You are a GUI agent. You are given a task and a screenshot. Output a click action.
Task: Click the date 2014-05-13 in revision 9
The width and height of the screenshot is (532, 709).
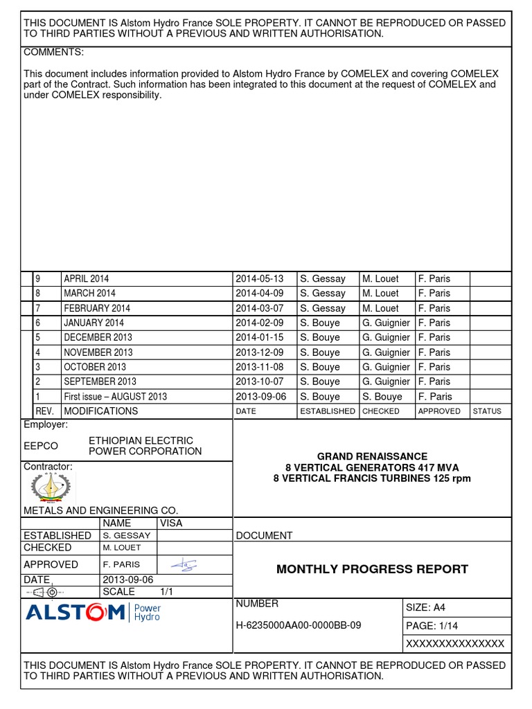click(260, 278)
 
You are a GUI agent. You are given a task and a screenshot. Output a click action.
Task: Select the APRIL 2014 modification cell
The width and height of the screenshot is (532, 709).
click(87, 278)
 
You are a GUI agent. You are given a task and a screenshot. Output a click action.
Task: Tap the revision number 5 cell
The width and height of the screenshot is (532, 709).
click(39, 337)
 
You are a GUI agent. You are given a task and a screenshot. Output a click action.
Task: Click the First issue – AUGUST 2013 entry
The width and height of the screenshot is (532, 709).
click(115, 397)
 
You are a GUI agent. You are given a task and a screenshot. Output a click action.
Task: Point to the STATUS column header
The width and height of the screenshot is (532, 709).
click(486, 411)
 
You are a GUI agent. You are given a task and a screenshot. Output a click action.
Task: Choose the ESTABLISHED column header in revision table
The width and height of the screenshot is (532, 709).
click(327, 411)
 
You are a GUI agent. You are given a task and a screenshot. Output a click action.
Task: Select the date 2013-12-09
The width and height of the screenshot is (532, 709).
click(260, 352)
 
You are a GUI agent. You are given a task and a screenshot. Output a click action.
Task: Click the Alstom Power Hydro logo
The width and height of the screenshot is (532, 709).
click(93, 613)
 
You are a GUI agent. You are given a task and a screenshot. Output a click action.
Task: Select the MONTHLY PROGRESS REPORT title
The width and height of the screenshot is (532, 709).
click(372, 569)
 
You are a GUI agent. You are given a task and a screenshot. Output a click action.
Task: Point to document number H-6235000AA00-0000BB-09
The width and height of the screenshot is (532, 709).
click(299, 625)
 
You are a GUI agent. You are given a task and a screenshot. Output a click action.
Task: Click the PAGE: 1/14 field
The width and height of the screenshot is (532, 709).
click(432, 626)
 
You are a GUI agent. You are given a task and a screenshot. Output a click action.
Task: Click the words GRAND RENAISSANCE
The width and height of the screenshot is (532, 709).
click(372, 456)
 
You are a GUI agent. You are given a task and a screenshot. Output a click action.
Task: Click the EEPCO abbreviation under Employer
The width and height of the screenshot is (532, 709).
click(41, 446)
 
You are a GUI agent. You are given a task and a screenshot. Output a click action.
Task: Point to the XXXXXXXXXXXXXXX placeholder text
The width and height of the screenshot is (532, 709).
click(455, 643)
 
